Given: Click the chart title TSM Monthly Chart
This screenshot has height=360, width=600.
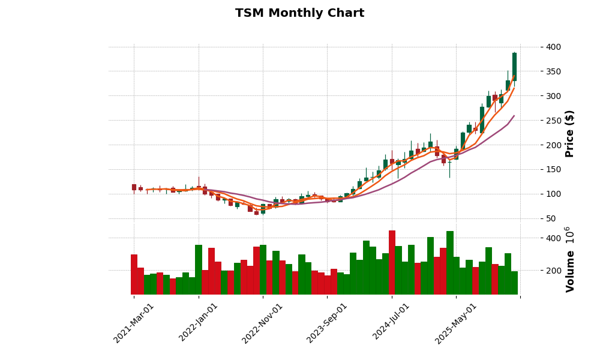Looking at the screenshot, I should point(299,13).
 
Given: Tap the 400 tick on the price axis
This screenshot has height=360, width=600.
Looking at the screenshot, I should point(554,47).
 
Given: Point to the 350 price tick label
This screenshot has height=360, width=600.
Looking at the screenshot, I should point(554,71).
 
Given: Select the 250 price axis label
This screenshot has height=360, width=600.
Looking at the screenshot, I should point(554,121).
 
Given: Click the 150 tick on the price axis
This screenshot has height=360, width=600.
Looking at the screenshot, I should point(554,170).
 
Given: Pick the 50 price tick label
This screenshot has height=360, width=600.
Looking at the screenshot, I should point(551,218).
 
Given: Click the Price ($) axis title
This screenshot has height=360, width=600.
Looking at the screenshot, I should point(570,133).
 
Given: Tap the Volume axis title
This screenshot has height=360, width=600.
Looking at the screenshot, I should point(570,260).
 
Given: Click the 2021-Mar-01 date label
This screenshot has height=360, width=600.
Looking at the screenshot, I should point(134,323).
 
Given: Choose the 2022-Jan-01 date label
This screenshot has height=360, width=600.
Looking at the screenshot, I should point(199,323).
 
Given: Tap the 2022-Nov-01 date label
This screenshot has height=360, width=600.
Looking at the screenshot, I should point(263,323).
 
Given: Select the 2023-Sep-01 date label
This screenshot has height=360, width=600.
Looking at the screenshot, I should point(327,323).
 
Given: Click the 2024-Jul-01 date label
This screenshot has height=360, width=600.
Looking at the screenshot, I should point(391,323).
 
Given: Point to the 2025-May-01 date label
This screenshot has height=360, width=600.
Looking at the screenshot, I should point(456,323).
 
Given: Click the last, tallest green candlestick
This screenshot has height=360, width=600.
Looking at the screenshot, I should point(514,67).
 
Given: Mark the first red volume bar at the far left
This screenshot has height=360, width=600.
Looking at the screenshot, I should point(134,275).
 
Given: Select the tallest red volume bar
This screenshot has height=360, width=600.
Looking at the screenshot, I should point(392,263).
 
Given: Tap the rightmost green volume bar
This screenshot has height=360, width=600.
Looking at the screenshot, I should point(514,283).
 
